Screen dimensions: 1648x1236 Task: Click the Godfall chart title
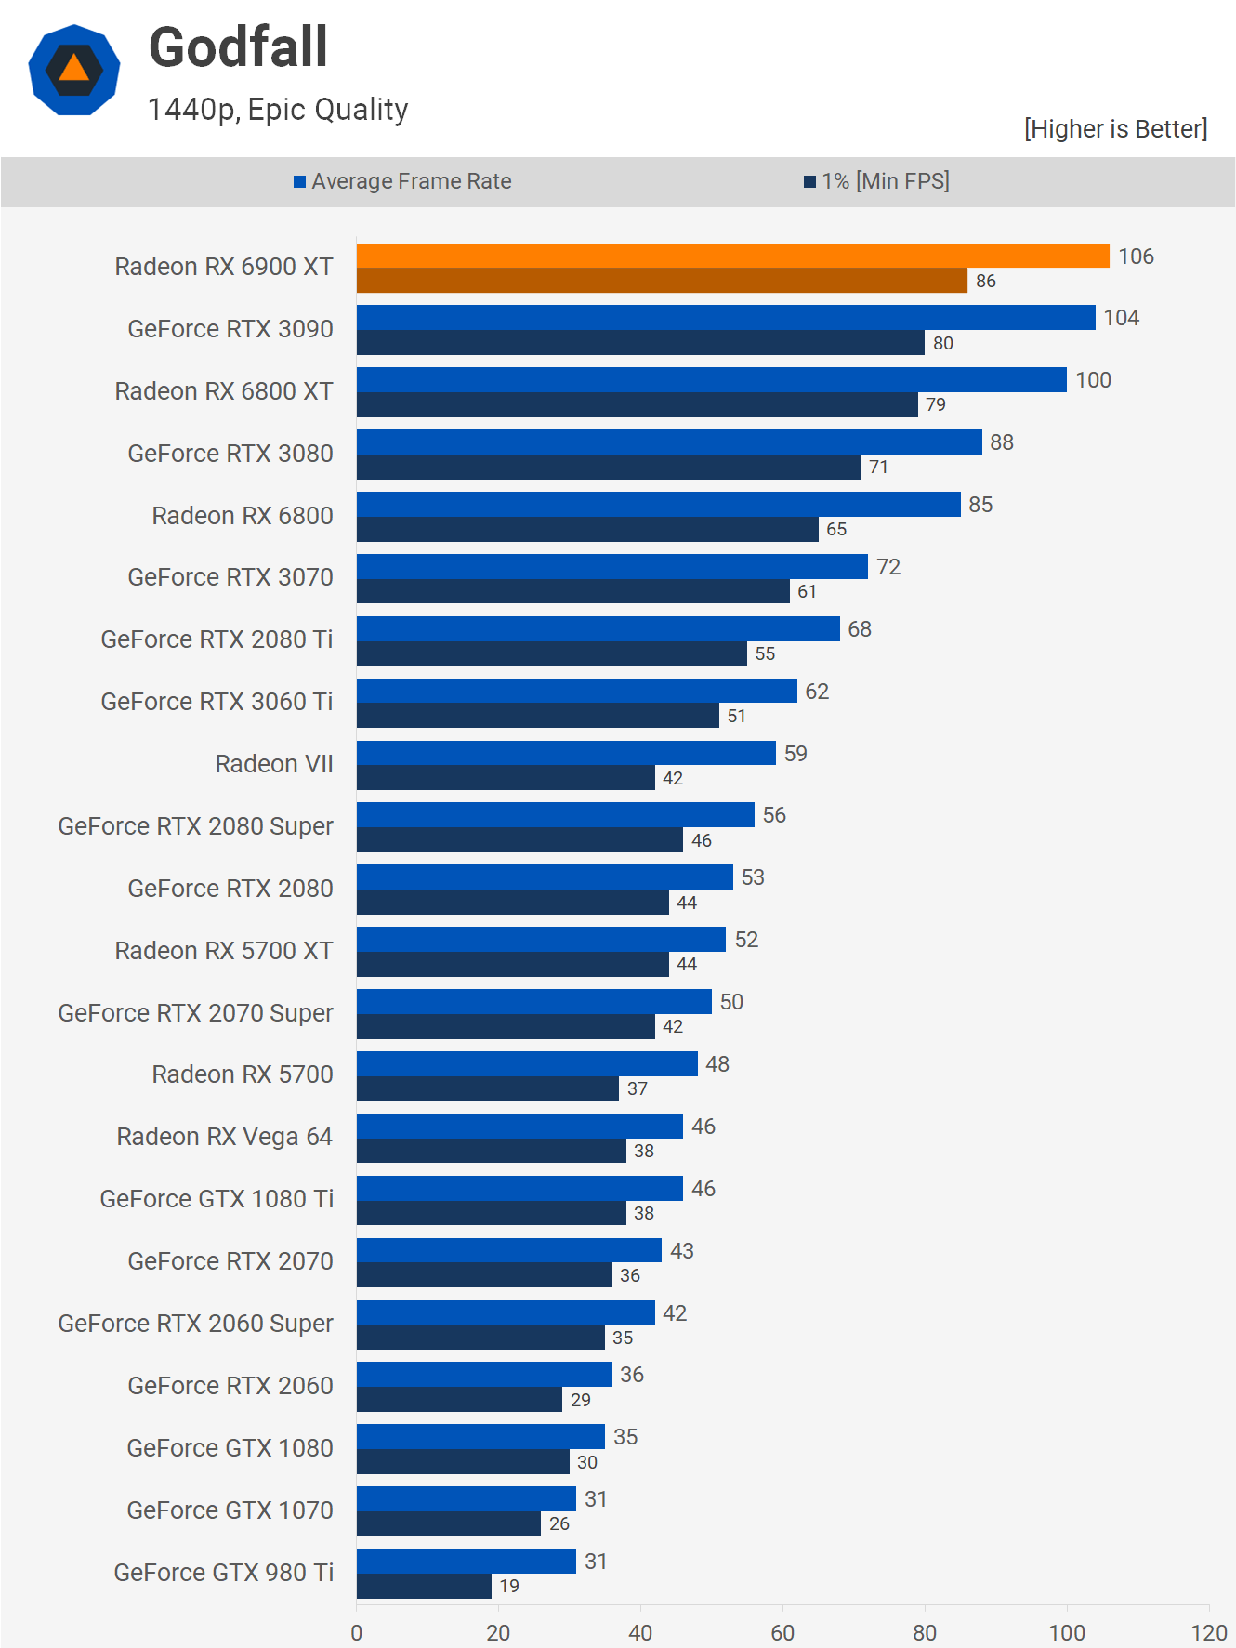[x=238, y=47]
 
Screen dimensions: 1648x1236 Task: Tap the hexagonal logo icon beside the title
[x=74, y=70]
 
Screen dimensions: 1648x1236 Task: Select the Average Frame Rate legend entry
[x=402, y=181]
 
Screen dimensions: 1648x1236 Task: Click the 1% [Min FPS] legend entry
[x=876, y=181]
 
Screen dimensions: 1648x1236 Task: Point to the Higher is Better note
[x=1115, y=128]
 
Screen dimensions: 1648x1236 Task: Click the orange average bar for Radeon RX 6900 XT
[x=732, y=256]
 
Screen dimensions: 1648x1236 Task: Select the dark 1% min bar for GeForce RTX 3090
[x=640, y=343]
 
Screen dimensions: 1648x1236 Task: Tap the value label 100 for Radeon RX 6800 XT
[x=1093, y=380]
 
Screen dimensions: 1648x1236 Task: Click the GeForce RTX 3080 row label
[x=230, y=454]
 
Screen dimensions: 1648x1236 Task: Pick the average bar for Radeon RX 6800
[x=658, y=504]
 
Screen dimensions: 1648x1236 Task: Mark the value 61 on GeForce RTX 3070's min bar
[x=807, y=591]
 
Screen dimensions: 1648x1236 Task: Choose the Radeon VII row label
[x=274, y=764]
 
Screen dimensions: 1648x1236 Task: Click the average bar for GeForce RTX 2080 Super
[x=555, y=815]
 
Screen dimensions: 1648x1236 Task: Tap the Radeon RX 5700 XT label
[x=224, y=951]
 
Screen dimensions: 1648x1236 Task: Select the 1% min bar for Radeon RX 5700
[x=487, y=1088]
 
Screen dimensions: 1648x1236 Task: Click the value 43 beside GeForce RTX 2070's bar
[x=682, y=1251]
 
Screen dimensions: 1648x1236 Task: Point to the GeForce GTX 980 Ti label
[x=224, y=1573]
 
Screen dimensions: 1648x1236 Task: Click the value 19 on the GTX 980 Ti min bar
[x=509, y=1586]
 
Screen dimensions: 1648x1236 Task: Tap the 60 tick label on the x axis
[x=782, y=1632]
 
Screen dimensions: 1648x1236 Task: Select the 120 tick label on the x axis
[x=1208, y=1632]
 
